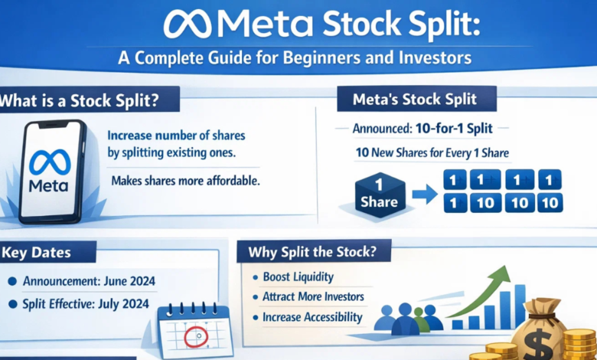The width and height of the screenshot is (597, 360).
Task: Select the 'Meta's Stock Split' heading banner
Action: tap(416, 100)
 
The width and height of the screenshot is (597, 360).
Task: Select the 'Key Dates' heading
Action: tap(38, 252)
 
